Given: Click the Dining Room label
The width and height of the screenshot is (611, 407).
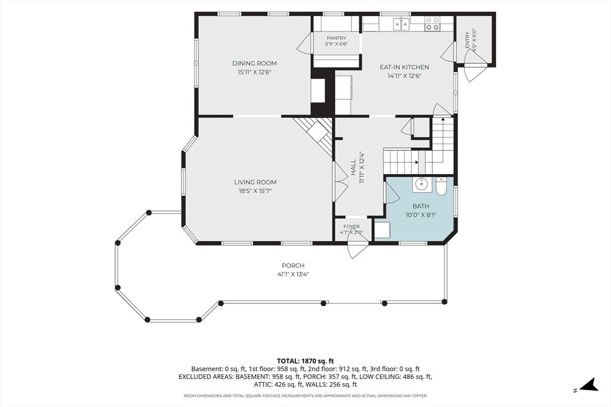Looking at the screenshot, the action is (x=254, y=63).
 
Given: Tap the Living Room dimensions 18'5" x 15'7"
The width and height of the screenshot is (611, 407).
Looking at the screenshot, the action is (x=255, y=191).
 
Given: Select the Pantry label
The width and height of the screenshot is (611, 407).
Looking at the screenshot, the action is (x=337, y=38).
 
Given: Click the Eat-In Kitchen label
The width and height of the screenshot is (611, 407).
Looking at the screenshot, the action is (x=405, y=67).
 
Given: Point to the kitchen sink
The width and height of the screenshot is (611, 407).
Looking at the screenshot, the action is (x=402, y=24).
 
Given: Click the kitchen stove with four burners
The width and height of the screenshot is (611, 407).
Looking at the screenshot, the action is (x=432, y=23).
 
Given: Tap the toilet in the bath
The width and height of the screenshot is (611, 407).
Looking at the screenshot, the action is (x=442, y=187).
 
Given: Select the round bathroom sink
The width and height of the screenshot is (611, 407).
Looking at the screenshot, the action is (x=421, y=184).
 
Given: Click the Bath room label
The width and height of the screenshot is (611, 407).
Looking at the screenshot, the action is (x=421, y=206).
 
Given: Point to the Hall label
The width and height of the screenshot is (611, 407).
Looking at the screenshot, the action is (x=353, y=167).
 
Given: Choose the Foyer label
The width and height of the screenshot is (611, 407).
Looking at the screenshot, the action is (x=351, y=226).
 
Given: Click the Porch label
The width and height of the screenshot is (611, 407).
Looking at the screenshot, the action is (x=293, y=266).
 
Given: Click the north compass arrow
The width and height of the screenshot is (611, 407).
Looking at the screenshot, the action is (x=589, y=386).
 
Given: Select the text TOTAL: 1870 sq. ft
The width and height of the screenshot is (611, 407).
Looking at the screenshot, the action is (x=305, y=361).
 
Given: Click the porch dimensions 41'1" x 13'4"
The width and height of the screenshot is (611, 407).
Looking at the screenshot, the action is (x=293, y=274).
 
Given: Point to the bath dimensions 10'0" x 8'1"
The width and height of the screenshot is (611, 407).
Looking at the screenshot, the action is (x=421, y=215).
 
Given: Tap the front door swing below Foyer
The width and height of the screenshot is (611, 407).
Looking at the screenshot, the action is (x=358, y=249).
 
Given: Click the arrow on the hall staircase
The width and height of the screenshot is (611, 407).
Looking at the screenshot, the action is (x=416, y=162).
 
